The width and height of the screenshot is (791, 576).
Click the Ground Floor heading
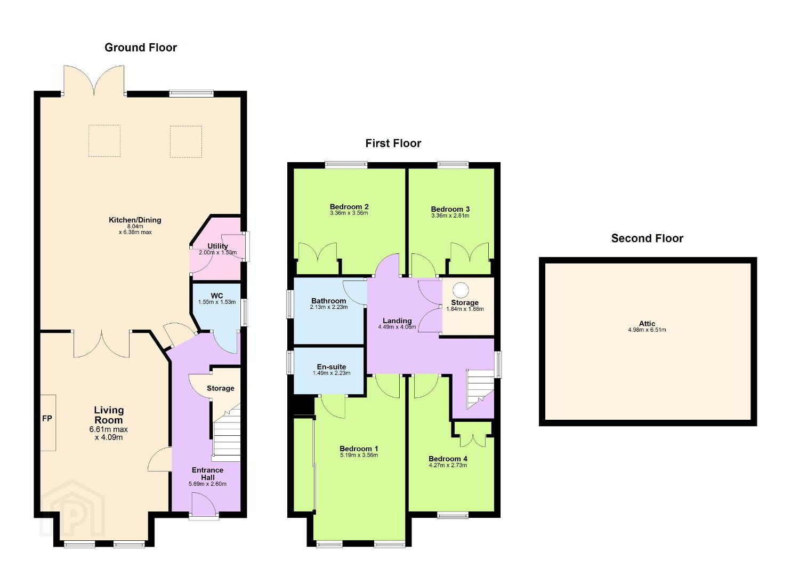point(141,47)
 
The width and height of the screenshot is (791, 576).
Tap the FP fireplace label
point(47,418)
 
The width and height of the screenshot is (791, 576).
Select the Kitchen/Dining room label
point(135,220)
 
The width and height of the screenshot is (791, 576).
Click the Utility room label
point(217,246)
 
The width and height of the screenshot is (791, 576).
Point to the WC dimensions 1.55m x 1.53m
point(217,302)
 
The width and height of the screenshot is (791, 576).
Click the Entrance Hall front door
point(204,506)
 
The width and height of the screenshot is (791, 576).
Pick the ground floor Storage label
point(220,388)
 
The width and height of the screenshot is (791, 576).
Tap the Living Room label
point(108,415)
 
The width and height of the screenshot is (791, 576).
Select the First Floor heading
point(393,143)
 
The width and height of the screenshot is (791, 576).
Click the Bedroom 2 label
point(349,207)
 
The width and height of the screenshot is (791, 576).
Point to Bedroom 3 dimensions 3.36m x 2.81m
point(450,215)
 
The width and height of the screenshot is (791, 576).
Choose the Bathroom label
point(328,301)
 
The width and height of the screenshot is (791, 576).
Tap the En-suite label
point(331,367)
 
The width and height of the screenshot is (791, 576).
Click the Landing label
point(397,321)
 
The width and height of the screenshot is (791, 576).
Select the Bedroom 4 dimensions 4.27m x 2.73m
point(448,466)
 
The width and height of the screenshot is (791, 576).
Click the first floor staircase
point(480,389)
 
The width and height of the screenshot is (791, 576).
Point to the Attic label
point(647,323)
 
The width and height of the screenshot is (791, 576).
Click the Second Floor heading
point(647,238)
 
